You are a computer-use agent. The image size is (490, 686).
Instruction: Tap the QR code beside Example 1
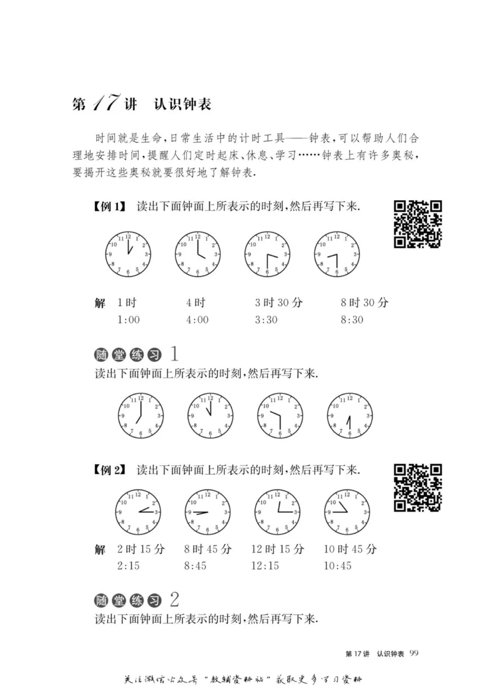pyautogui.click(x=418, y=224)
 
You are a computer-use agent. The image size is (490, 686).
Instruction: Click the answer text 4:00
pyautogui.click(x=197, y=320)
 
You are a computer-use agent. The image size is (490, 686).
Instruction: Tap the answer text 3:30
pyautogui.click(x=267, y=320)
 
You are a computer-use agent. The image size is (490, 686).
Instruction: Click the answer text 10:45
pyautogui.click(x=339, y=565)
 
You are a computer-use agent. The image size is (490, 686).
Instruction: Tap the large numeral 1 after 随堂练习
pyautogui.click(x=175, y=354)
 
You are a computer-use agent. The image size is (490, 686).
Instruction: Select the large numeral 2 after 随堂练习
pyautogui.click(x=174, y=598)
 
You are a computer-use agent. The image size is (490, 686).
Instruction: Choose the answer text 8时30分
pyautogui.click(x=364, y=303)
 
